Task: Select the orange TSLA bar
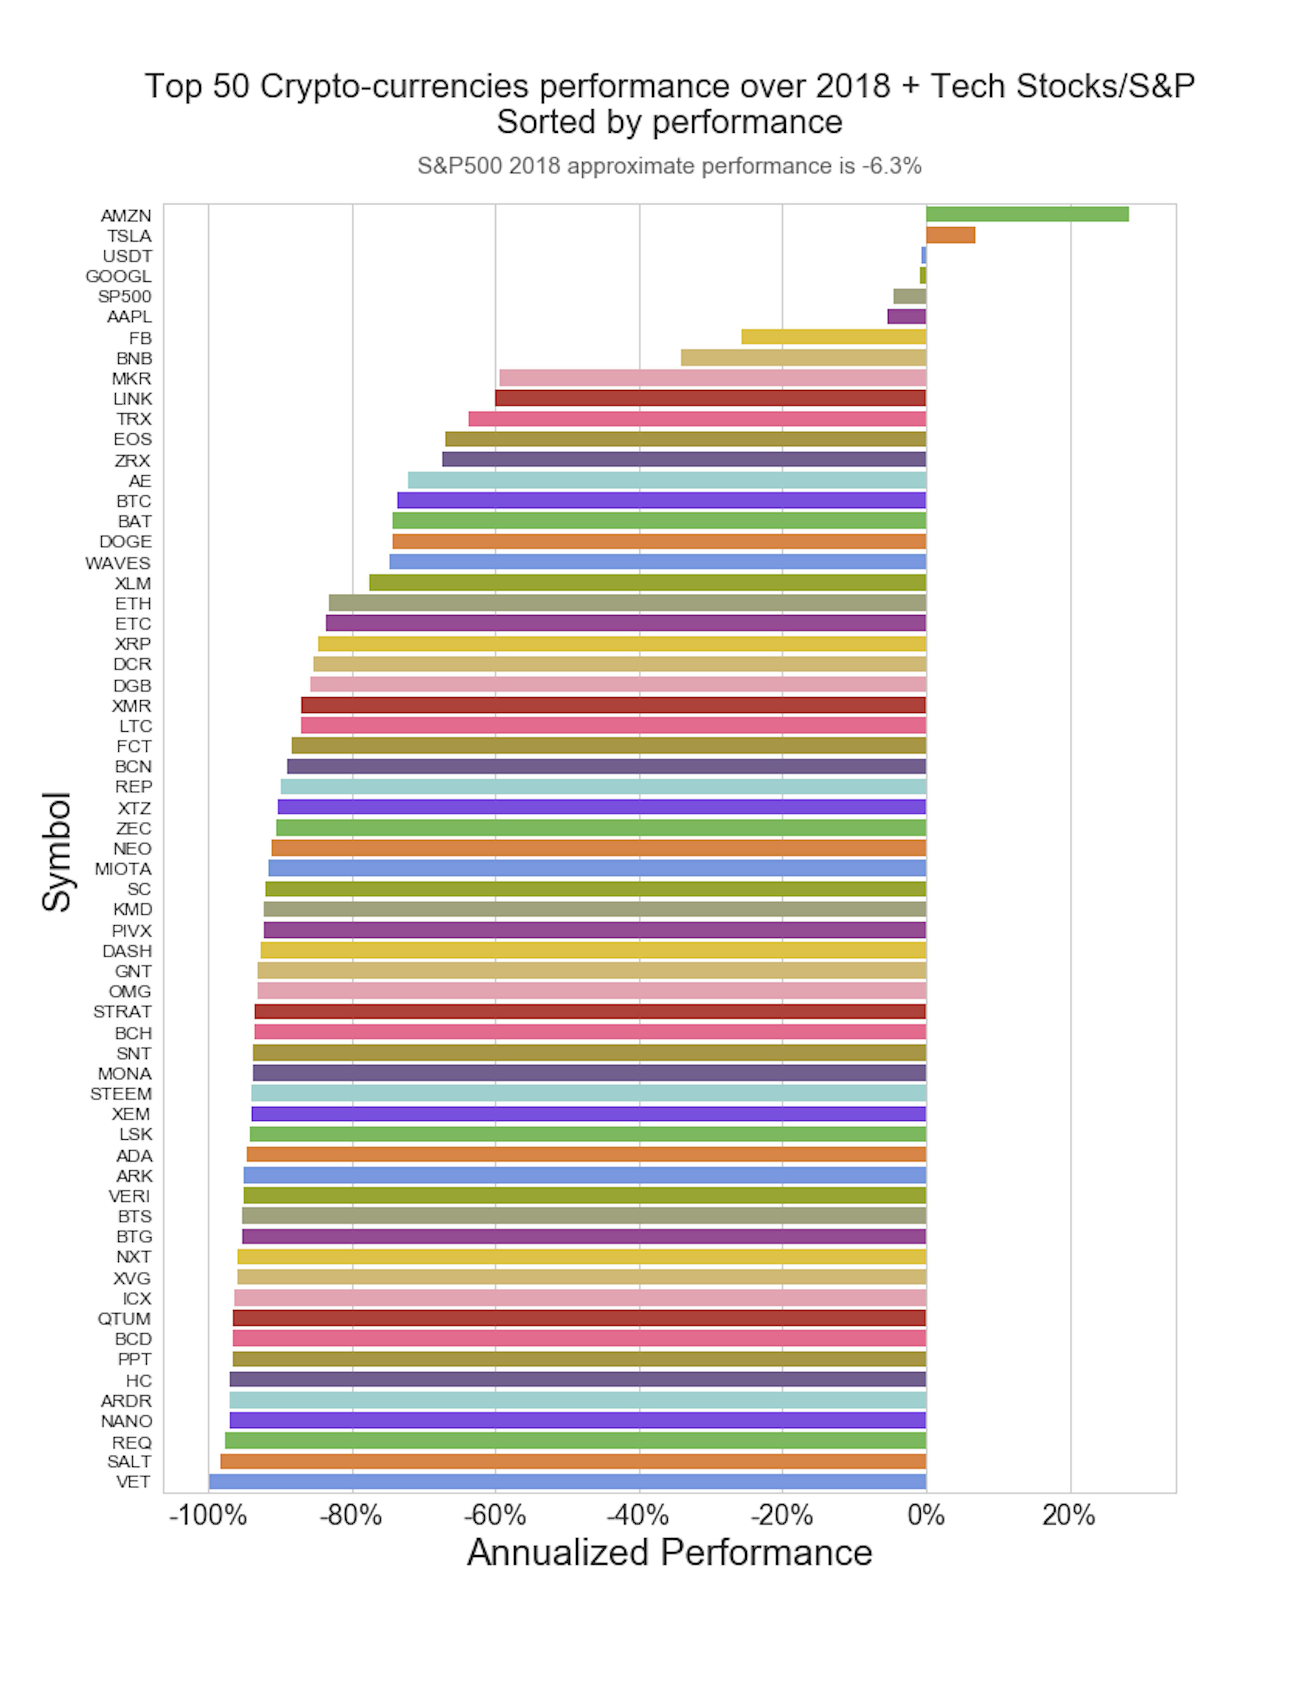coord(950,235)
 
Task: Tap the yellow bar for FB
coord(833,337)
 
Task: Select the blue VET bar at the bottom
coord(568,1481)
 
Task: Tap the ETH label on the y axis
coord(133,603)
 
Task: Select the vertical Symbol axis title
coord(57,851)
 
